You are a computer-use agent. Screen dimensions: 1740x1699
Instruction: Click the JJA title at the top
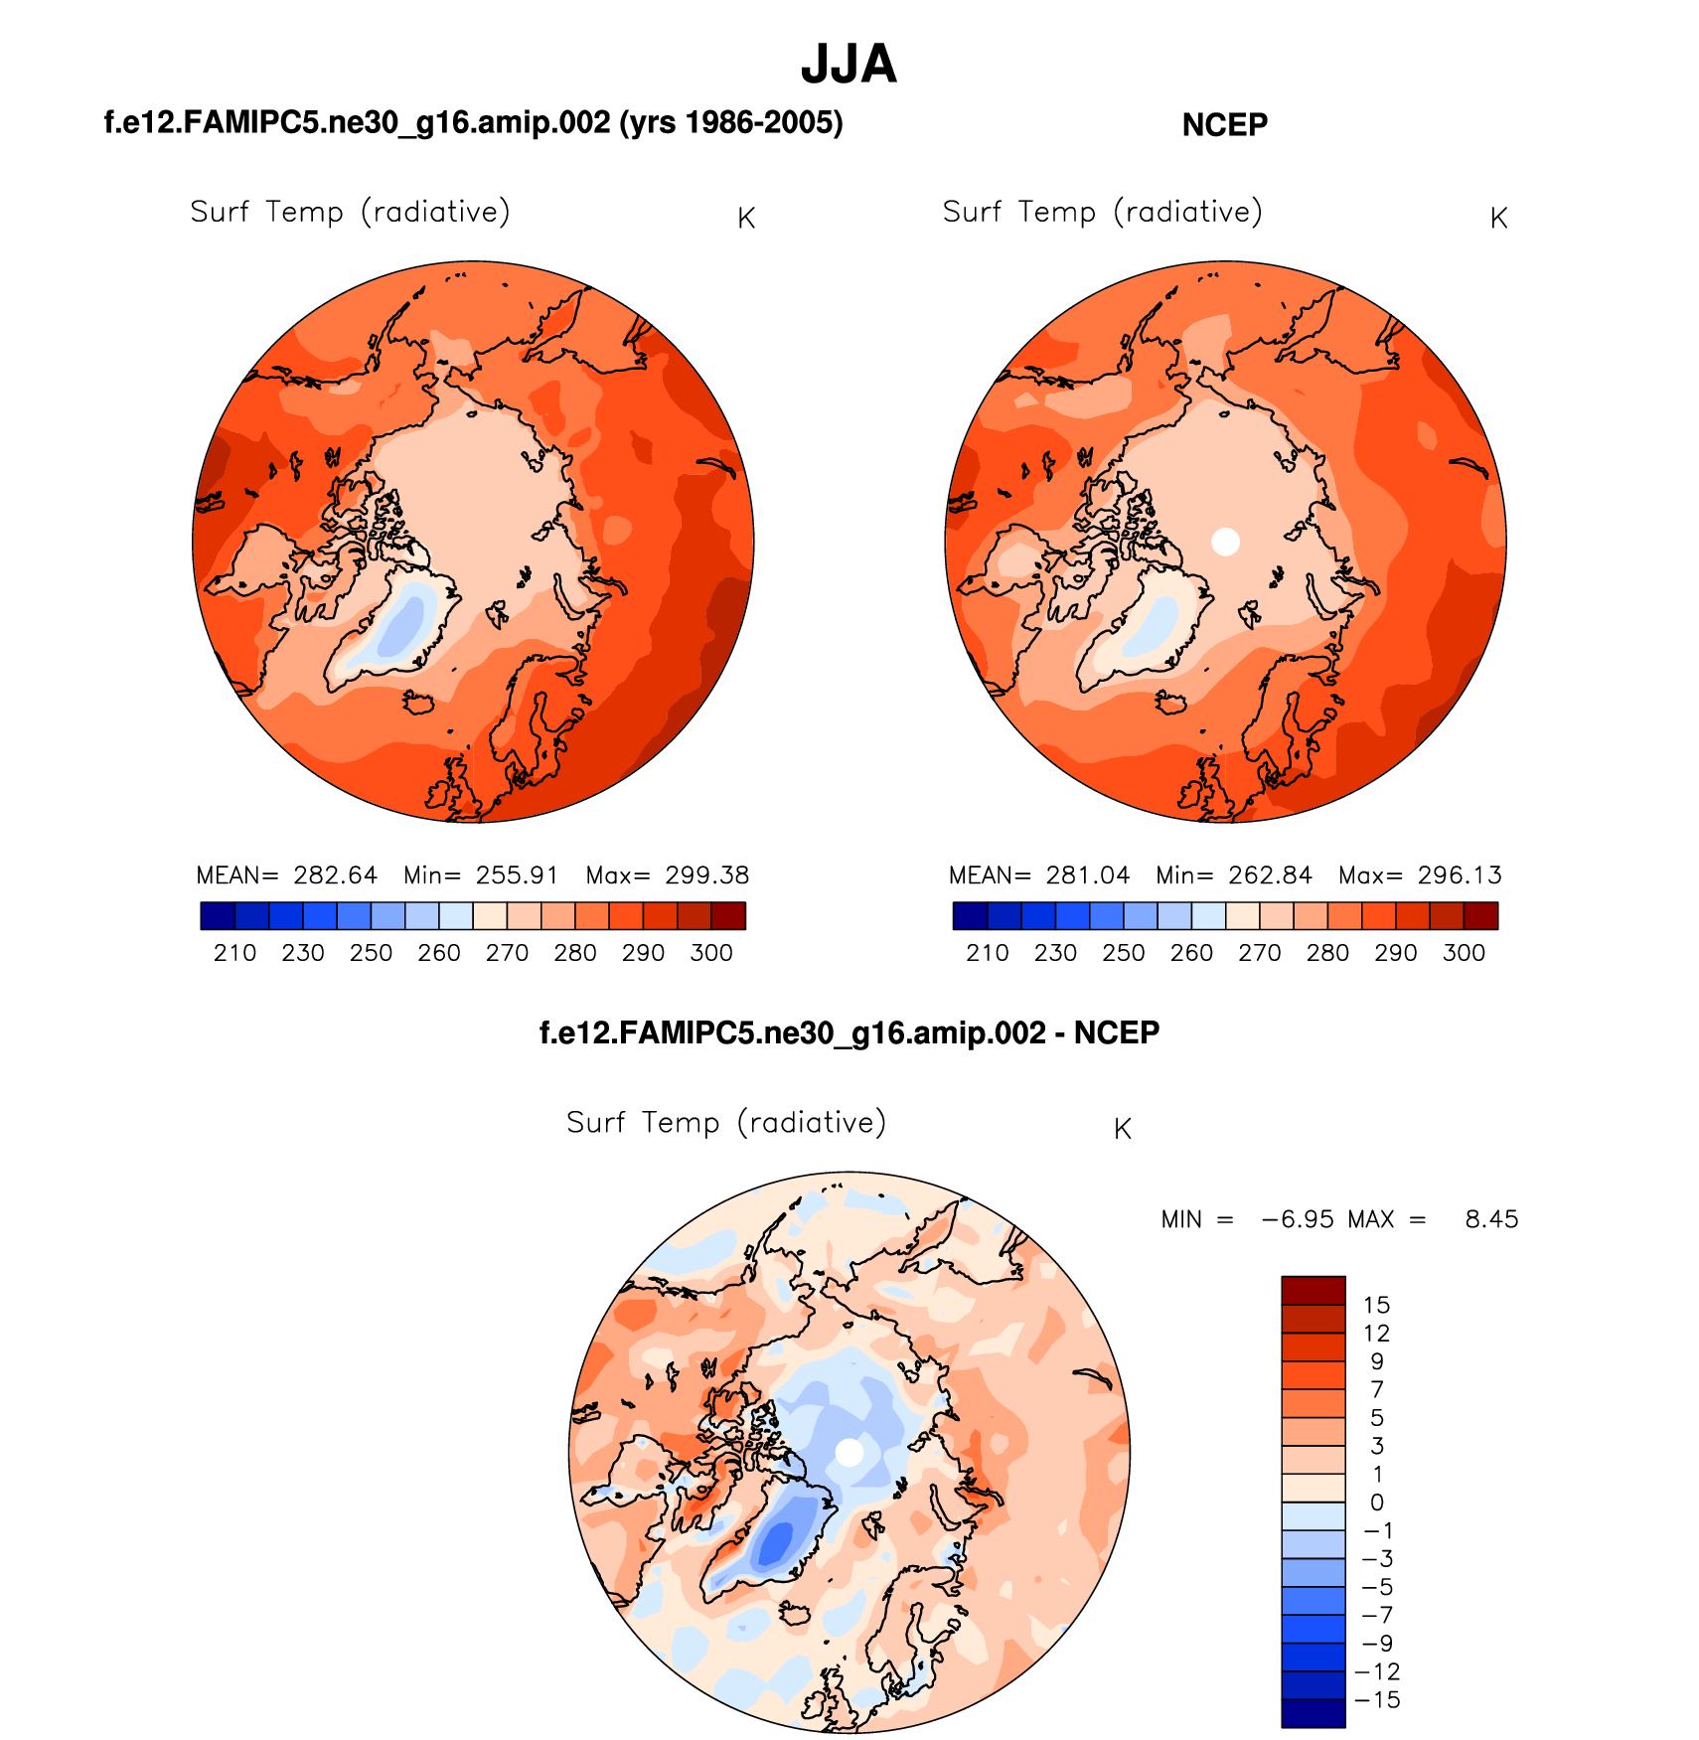(849, 65)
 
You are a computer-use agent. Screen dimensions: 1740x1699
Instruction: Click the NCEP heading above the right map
(1224, 125)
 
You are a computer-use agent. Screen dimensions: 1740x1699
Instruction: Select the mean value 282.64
(335, 875)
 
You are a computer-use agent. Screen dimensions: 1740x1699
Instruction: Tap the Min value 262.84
(1270, 875)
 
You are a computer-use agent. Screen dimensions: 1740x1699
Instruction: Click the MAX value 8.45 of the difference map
(1491, 1219)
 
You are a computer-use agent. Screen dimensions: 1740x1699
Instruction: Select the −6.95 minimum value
(1298, 1219)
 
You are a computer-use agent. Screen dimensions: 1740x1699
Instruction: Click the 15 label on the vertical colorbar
(1376, 1305)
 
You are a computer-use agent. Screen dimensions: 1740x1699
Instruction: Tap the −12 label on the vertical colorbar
(1377, 1671)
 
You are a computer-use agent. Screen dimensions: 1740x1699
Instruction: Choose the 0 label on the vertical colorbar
(1376, 1503)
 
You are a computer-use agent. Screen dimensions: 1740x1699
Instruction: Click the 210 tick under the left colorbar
(234, 953)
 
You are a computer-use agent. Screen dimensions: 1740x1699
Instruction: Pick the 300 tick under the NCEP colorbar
(1464, 953)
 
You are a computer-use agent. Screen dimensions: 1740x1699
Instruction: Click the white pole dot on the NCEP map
(1226, 542)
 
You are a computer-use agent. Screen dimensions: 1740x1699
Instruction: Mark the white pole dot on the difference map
(849, 1452)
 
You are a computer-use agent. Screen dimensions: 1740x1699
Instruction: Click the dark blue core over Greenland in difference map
(776, 1541)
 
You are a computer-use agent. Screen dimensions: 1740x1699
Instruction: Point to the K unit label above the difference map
(1123, 1129)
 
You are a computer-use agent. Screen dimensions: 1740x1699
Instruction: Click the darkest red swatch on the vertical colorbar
(1313, 1290)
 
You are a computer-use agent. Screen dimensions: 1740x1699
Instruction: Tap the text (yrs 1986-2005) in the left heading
(730, 122)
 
